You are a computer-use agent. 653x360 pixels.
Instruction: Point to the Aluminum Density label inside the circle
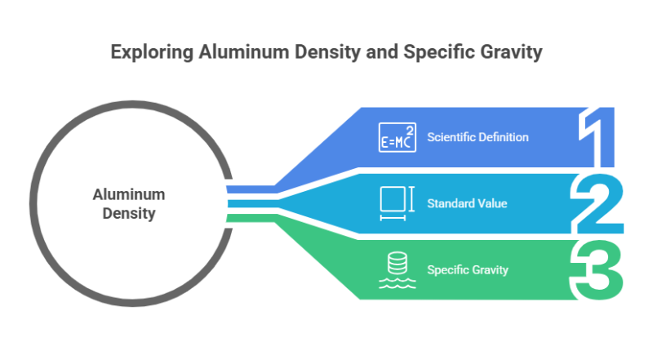(128, 204)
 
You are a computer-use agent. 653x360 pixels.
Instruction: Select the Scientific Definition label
(478, 137)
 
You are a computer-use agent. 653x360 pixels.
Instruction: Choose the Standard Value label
(467, 202)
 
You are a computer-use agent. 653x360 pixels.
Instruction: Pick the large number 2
(599, 202)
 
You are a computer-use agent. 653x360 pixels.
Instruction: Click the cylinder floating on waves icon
(396, 269)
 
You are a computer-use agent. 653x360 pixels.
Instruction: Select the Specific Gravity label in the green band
(469, 269)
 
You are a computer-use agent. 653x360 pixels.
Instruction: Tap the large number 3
(598, 269)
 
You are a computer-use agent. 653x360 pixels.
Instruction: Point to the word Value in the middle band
(492, 202)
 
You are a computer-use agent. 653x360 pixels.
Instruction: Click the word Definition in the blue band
(504, 137)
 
